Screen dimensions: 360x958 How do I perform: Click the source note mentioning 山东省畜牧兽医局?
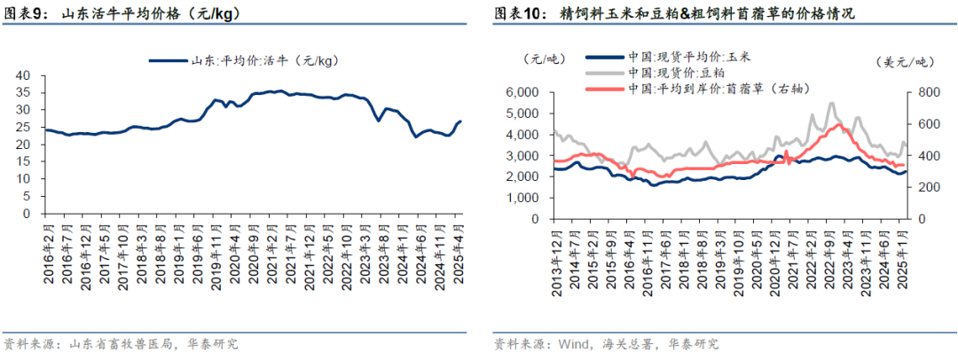(121, 344)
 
